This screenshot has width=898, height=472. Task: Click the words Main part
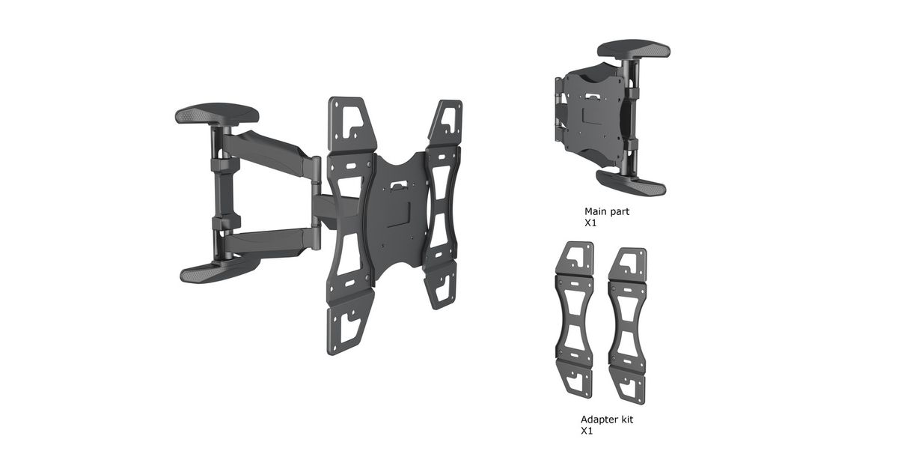607,211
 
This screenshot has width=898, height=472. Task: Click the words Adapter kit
607,420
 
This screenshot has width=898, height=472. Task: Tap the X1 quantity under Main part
590,223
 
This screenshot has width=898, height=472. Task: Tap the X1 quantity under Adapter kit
587,432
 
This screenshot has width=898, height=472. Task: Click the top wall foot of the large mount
217,114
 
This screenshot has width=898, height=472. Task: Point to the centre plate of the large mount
397,213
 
